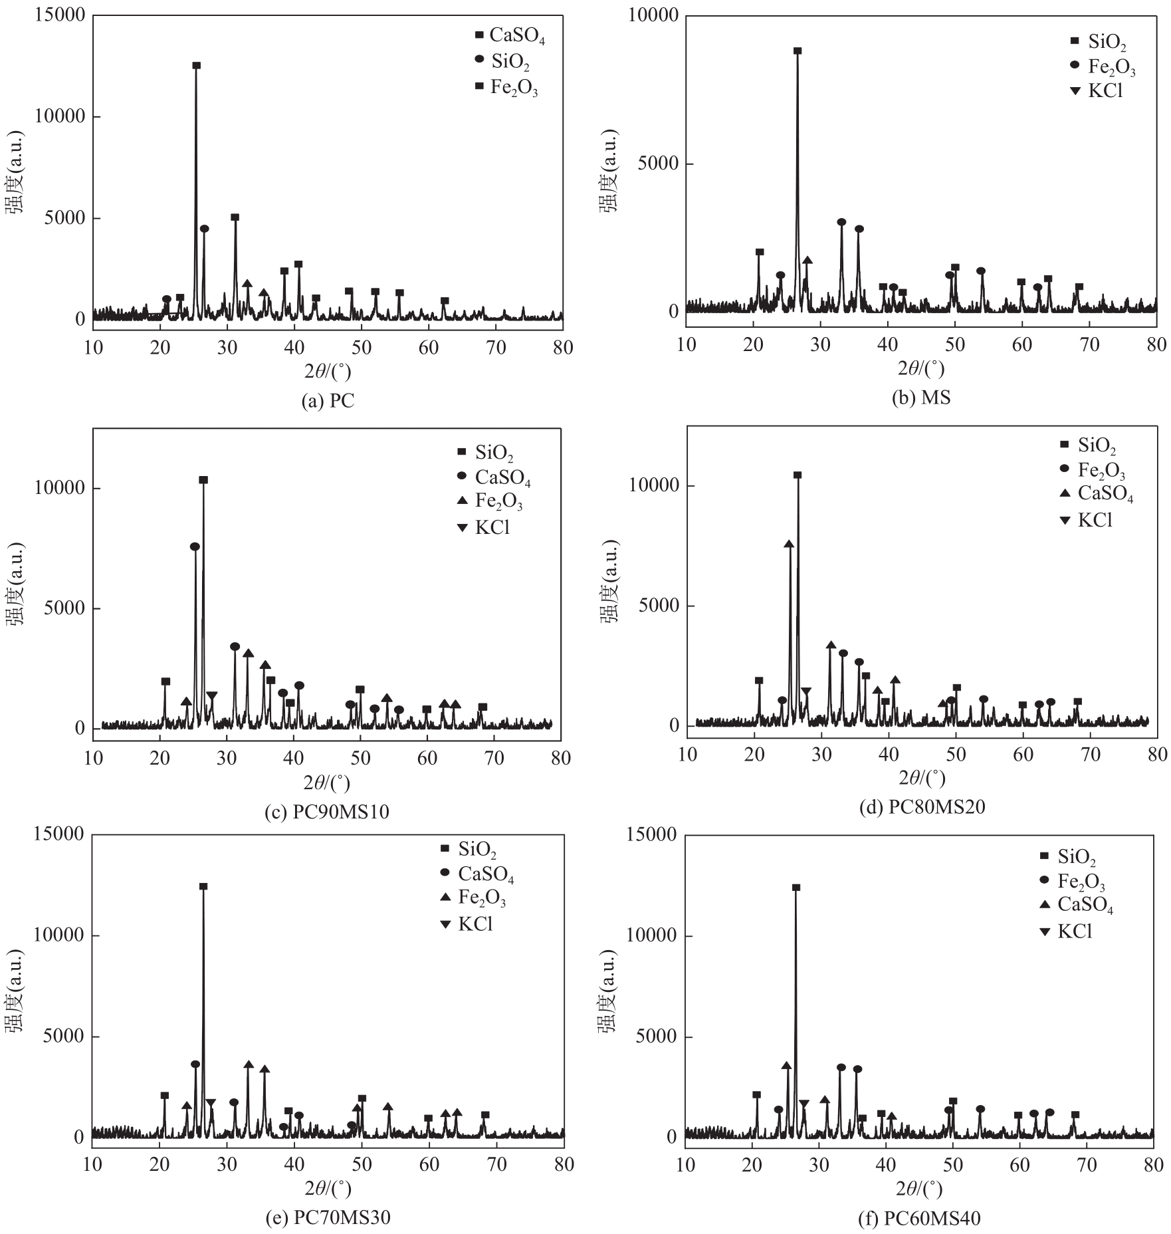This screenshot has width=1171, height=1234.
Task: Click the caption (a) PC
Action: click(328, 401)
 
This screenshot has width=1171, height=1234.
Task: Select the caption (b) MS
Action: click(921, 398)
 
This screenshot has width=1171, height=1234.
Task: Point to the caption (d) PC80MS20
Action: click(922, 807)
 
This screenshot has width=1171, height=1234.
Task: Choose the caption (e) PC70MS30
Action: click(328, 1217)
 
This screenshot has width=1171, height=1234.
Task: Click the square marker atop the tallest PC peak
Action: click(196, 65)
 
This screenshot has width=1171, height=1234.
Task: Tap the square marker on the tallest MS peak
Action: click(798, 51)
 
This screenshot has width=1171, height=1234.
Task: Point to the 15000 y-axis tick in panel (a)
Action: click(60, 15)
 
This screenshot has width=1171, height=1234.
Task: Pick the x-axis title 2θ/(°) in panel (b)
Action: click(921, 368)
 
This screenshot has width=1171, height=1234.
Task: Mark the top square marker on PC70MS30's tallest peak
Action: click(203, 886)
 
